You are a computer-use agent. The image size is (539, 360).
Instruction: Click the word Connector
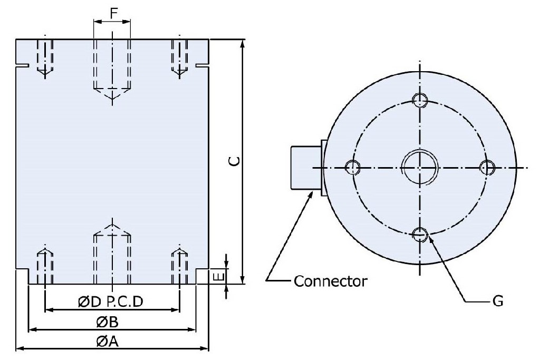click(x=330, y=280)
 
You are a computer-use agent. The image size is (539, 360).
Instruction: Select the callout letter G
click(x=496, y=301)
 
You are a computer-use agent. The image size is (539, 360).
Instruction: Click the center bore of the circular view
click(x=420, y=167)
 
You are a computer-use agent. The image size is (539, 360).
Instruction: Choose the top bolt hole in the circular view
click(x=420, y=100)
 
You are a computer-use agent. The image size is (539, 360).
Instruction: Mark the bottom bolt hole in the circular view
click(x=420, y=234)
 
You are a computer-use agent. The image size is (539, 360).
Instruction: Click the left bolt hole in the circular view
click(x=352, y=168)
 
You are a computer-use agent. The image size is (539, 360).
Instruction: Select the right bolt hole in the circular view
click(x=487, y=168)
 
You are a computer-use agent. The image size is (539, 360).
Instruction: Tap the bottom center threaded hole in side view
click(x=112, y=253)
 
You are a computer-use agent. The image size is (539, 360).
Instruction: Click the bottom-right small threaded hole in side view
click(x=180, y=266)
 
